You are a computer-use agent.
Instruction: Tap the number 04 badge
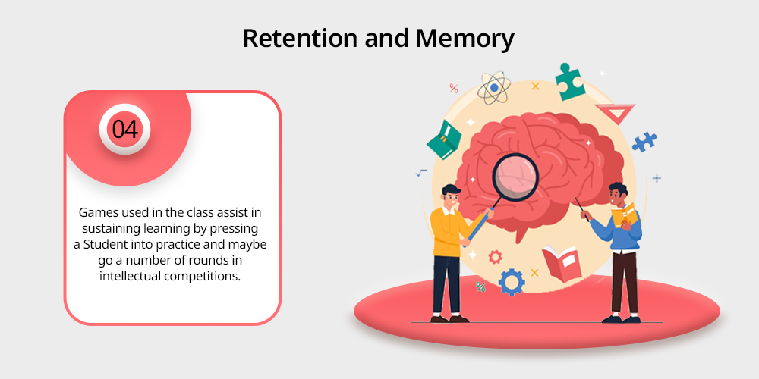(125, 129)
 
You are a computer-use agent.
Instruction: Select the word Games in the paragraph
(94, 212)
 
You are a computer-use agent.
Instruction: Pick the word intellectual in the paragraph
(130, 276)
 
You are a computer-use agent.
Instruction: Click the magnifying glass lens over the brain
(515, 177)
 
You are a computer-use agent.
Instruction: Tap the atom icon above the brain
(494, 88)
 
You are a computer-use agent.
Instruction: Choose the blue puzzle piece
(644, 142)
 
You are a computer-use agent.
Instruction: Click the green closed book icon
(444, 139)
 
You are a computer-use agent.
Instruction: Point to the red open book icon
(562, 262)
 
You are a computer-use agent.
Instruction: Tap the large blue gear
(511, 282)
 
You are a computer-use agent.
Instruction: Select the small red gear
(495, 257)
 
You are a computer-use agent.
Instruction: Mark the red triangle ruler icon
(616, 113)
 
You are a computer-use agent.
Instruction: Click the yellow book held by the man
(624, 215)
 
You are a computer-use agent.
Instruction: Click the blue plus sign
(657, 178)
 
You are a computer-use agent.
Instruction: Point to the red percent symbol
(454, 88)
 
